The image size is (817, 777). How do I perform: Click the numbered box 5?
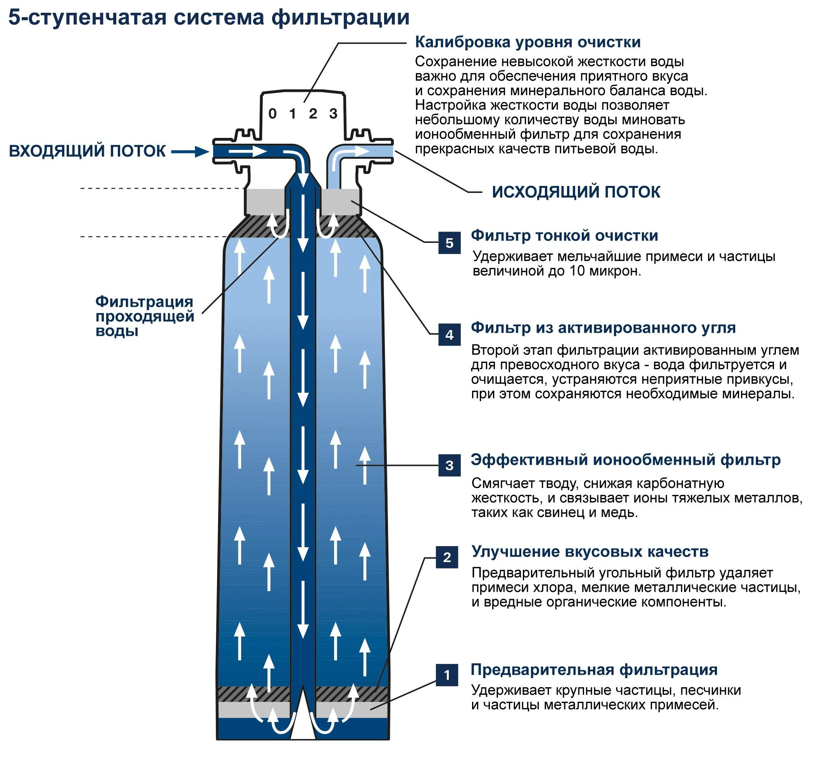pyautogui.click(x=449, y=243)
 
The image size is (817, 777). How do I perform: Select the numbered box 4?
pyautogui.click(x=449, y=335)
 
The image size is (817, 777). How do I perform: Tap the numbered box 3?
pyautogui.click(x=449, y=465)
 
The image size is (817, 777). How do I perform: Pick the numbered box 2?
pyautogui.click(x=447, y=557)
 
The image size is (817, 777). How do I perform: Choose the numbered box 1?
pyautogui.click(x=447, y=675)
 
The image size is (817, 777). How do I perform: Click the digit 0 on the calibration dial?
pyautogui.click(x=272, y=113)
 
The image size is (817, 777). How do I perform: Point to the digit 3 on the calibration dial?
pyautogui.click(x=333, y=113)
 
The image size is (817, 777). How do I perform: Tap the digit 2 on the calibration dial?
pyautogui.click(x=313, y=113)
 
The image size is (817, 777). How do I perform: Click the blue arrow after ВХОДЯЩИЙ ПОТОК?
pyautogui.click(x=190, y=151)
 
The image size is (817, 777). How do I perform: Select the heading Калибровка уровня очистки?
pyautogui.click(x=527, y=42)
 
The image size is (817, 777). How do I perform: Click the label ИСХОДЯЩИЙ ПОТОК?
pyautogui.click(x=576, y=192)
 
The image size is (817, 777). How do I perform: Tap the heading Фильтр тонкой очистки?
pyautogui.click(x=564, y=235)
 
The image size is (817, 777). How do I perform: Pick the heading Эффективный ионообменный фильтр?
pyautogui.click(x=625, y=460)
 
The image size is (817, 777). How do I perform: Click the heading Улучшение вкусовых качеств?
pyautogui.click(x=589, y=552)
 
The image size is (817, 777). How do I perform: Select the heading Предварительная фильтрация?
pyautogui.click(x=594, y=669)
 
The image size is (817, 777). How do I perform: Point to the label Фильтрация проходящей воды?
pyautogui.click(x=144, y=316)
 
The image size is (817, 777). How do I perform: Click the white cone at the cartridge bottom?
pyautogui.click(x=303, y=720)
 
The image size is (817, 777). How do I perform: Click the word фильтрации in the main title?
pyautogui.click(x=340, y=17)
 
